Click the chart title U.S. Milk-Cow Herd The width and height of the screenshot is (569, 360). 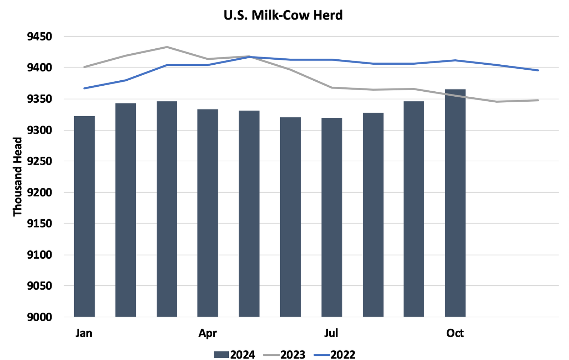(283, 15)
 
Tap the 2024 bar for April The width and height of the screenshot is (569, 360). (208, 213)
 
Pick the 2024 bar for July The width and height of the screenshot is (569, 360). (331, 217)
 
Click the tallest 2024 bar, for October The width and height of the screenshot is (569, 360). (455, 203)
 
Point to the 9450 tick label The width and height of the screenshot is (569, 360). (40, 37)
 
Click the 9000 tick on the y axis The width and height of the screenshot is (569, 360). (40, 317)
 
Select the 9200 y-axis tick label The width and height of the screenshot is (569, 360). (40, 192)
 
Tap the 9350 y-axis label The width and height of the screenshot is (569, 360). (40, 99)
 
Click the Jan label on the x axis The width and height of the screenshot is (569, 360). (84, 333)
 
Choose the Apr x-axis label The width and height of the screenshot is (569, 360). (208, 333)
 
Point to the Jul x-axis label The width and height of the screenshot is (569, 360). (331, 333)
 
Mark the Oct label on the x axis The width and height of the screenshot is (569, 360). (455, 333)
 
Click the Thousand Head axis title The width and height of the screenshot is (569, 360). (17, 177)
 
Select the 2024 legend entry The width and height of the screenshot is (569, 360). (235, 355)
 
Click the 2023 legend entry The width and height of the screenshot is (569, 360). (284, 355)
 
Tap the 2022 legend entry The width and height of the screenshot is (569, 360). (335, 355)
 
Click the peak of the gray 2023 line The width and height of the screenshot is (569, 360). (167, 47)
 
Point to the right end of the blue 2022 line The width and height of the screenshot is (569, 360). (538, 70)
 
